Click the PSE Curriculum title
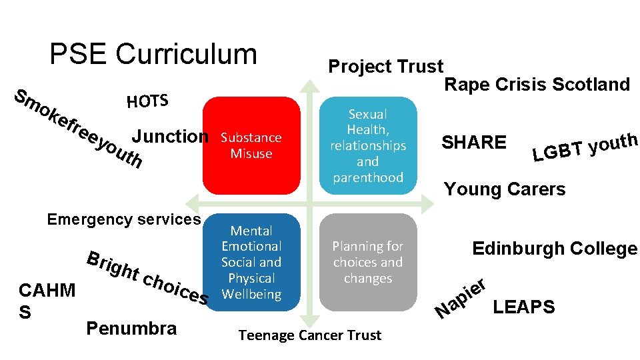pos(153,54)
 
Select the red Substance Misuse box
pos(251,145)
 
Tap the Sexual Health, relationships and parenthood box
pos(367,145)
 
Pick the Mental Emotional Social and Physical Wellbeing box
pos(251,262)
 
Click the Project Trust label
pos(385,67)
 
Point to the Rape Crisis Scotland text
pos(537,85)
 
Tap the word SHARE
pos(474,142)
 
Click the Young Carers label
pos(505,189)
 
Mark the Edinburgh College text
pos(555,249)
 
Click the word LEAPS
pos(523,307)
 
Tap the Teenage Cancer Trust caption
pos(309,335)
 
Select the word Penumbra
pos(131,328)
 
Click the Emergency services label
pos(124,219)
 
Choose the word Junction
pos(170,137)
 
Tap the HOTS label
pos(147,101)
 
